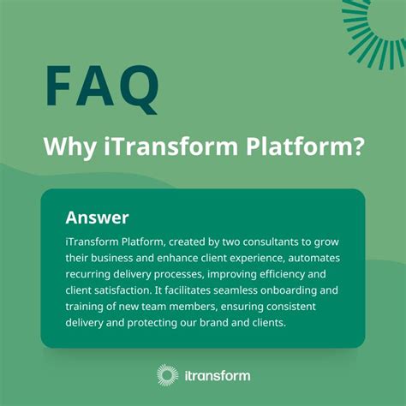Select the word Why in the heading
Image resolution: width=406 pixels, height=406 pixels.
[x=66, y=146]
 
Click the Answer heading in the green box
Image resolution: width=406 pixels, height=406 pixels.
[x=97, y=217]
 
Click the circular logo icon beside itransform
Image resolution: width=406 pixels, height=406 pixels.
[x=168, y=375]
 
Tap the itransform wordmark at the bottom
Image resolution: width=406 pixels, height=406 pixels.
[x=216, y=375]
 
